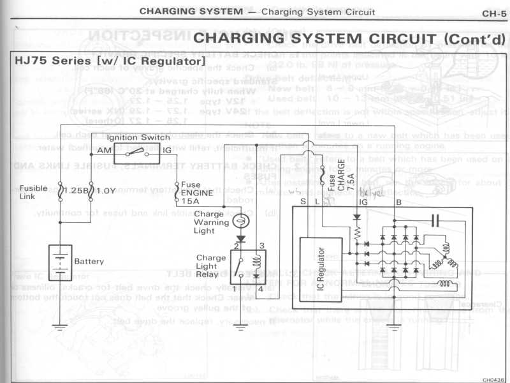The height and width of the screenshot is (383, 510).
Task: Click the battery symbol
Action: [61, 261]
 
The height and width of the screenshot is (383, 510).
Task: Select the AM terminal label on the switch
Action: [103, 151]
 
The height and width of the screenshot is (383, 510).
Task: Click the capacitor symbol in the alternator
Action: [435, 221]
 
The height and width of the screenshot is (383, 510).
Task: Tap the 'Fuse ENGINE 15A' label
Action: [191, 192]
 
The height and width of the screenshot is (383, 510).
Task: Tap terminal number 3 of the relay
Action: [261, 246]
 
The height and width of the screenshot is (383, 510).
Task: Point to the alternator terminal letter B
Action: [398, 202]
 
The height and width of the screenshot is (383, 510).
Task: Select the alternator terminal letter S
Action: [302, 202]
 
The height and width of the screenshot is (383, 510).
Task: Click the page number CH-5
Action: [493, 12]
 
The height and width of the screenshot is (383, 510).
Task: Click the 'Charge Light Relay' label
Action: [211, 267]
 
